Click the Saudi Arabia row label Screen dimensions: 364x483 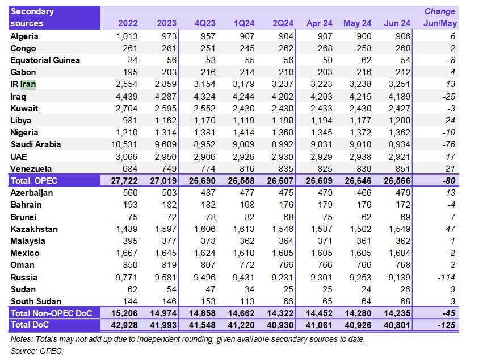(35, 144)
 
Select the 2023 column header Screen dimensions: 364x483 (166, 23)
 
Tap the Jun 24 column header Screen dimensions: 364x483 (397, 23)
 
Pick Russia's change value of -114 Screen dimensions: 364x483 (446, 278)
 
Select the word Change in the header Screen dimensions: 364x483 (440, 11)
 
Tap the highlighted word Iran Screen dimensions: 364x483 (28, 85)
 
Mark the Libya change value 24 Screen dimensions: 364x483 (451, 121)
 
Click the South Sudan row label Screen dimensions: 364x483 (36, 301)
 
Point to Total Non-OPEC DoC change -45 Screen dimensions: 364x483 (447, 313)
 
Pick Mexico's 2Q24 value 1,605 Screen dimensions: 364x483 (282, 253)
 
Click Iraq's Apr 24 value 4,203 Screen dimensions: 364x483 (321, 97)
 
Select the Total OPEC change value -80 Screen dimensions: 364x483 (447, 181)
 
